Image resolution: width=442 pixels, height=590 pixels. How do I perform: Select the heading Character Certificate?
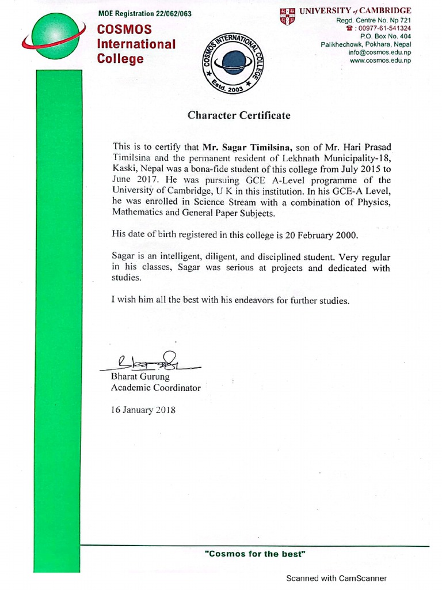point(239,115)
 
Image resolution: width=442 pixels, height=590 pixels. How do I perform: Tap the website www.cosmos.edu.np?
point(380,60)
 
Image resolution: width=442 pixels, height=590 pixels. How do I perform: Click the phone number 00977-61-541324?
point(382,28)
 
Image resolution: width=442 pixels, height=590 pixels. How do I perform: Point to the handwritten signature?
point(150,362)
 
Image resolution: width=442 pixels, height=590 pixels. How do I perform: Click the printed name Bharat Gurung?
point(140,377)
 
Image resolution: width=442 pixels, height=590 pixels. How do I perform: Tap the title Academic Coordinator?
point(155,388)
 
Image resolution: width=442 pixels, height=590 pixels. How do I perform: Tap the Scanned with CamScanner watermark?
point(337,578)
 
